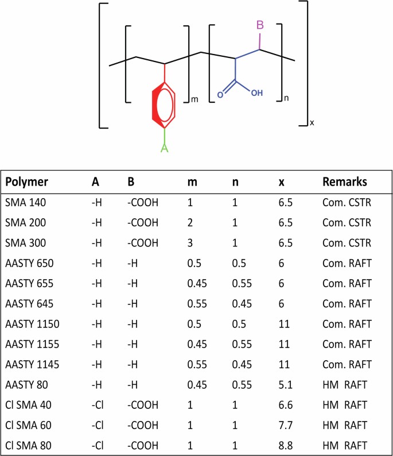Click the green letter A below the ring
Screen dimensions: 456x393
pyautogui.click(x=165, y=148)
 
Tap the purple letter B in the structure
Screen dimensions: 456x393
pyautogui.click(x=260, y=26)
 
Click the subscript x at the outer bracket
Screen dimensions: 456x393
pyautogui.click(x=312, y=122)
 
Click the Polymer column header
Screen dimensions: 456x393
pyautogui.click(x=26, y=182)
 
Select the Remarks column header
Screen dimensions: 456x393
pyautogui.click(x=344, y=182)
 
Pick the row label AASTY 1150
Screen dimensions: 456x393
pyautogui.click(x=32, y=323)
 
